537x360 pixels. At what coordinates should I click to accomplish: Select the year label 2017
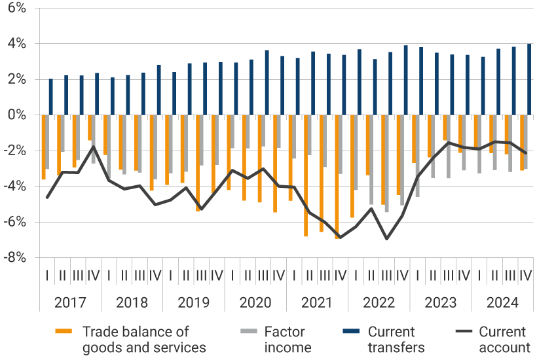pos(69,303)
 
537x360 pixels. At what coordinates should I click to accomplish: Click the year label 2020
pos(255,303)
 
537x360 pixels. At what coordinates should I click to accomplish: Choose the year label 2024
pos(503,303)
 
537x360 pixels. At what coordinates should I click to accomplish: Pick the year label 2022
pos(379,303)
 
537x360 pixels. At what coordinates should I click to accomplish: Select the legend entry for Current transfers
pos(396,339)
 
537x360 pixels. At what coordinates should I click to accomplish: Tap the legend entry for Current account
pos(504,339)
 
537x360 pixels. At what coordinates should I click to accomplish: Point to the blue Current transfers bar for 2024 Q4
pos(529,79)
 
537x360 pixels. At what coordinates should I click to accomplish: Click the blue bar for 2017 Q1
pos(51,97)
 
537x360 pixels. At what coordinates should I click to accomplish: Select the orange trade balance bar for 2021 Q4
pos(337,177)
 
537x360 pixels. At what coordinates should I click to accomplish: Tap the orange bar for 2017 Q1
pos(44,147)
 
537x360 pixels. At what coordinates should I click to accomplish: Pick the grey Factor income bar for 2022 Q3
pos(387,164)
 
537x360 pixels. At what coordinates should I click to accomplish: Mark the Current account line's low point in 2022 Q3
pos(387,239)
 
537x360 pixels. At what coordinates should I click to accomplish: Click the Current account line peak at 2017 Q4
pos(94,146)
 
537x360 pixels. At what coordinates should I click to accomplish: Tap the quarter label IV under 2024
pos(525,276)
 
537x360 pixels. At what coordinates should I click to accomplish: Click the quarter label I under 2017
pos(47,276)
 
